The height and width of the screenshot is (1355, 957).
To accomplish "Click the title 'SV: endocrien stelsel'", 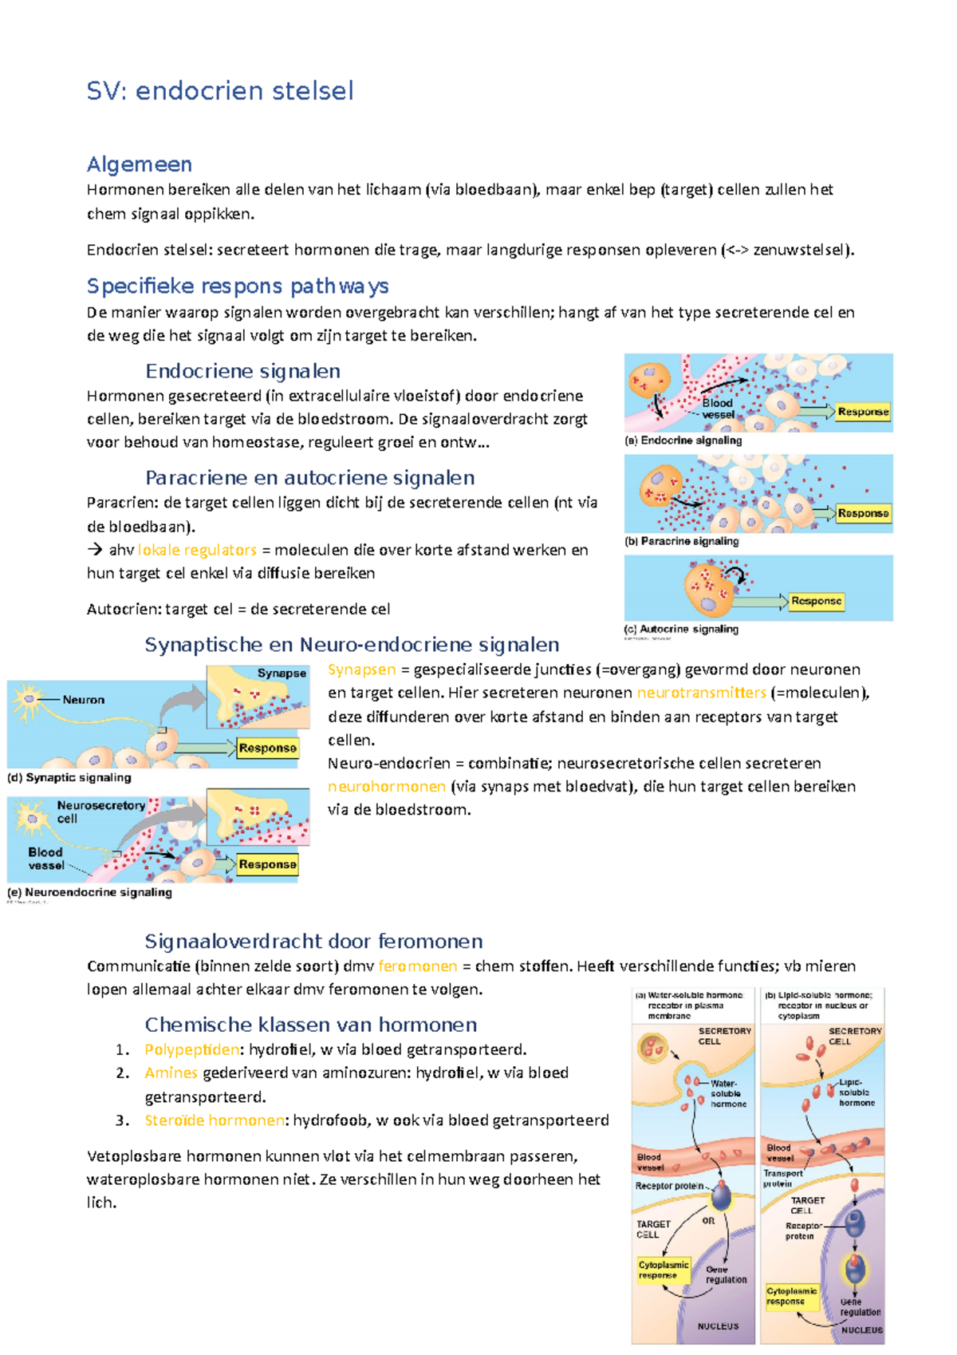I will coord(219,91).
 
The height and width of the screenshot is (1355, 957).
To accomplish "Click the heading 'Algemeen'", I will coord(140,164).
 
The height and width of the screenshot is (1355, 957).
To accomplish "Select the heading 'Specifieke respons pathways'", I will coord(238,286).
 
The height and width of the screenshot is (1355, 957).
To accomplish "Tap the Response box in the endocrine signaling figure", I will coord(863,412).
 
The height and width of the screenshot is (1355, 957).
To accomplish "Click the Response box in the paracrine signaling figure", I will coord(863,513).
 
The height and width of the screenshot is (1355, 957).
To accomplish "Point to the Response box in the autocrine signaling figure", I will coord(816,601).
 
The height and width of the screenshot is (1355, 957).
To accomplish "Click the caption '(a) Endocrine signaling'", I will coord(683,440).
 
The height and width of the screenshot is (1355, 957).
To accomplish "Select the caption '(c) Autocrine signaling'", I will coord(681,629).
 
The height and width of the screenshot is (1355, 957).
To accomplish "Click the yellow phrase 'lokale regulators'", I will coord(197,550).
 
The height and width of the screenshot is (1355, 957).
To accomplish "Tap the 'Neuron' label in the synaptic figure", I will coord(84,700).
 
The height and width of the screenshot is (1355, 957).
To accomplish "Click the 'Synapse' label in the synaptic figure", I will coord(282,674).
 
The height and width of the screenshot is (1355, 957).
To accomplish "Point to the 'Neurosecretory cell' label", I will coord(100,812).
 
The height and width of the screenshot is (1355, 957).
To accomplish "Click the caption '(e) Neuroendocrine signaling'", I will coord(90,892).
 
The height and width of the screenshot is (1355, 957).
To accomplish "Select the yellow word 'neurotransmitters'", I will coord(701,693).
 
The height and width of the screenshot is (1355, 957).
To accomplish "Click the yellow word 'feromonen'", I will coord(418,966).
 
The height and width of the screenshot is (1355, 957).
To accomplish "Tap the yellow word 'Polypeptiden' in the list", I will coord(191,1049).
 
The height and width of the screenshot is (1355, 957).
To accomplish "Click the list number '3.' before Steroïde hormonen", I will coord(123,1120).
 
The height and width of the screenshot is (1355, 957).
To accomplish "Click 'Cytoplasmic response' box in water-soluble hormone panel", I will coord(663,1270).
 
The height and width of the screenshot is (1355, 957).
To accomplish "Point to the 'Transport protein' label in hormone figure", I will coord(782,1178).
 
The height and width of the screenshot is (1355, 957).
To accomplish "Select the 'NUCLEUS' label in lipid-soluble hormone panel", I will coord(862,1330).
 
